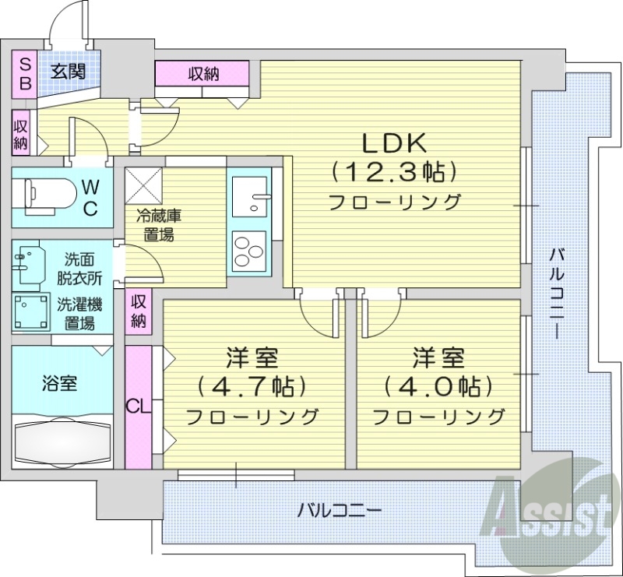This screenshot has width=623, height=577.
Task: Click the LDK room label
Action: tap(393, 142)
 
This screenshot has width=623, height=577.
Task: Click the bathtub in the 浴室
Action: tap(62, 443)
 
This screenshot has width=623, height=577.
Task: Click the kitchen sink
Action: tap(249, 194)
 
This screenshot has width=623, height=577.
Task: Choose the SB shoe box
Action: tap(25, 73)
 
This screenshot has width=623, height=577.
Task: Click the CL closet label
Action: tap(137, 406)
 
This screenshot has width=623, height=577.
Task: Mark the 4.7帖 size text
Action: tap(252, 386)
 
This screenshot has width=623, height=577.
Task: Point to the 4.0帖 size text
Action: tap(438, 386)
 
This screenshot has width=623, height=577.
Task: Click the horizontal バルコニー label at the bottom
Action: tap(340, 512)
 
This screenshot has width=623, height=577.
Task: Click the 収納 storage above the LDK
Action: tap(202, 75)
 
